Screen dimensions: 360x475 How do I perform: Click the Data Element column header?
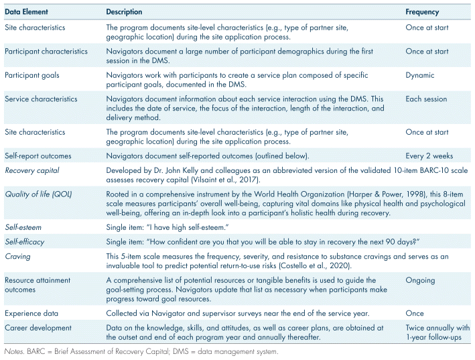tap(25, 12)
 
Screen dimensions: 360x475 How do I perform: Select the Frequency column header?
tap(422, 12)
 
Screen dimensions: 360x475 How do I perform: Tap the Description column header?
tap(124, 12)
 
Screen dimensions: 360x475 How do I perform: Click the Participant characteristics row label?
tap(46, 52)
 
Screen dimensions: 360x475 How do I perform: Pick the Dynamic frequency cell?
tap(420, 76)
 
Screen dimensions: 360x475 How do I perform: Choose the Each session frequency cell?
tap(426, 99)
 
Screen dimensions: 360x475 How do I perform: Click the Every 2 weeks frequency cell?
tap(429, 156)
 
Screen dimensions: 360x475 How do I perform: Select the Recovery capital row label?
tap(29, 171)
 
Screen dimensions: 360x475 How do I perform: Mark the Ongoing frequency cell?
tap(420, 280)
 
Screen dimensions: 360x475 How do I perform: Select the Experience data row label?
tap(31, 312)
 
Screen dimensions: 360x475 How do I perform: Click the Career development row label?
tap(38, 327)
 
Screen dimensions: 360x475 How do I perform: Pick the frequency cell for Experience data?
tap(415, 312)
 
